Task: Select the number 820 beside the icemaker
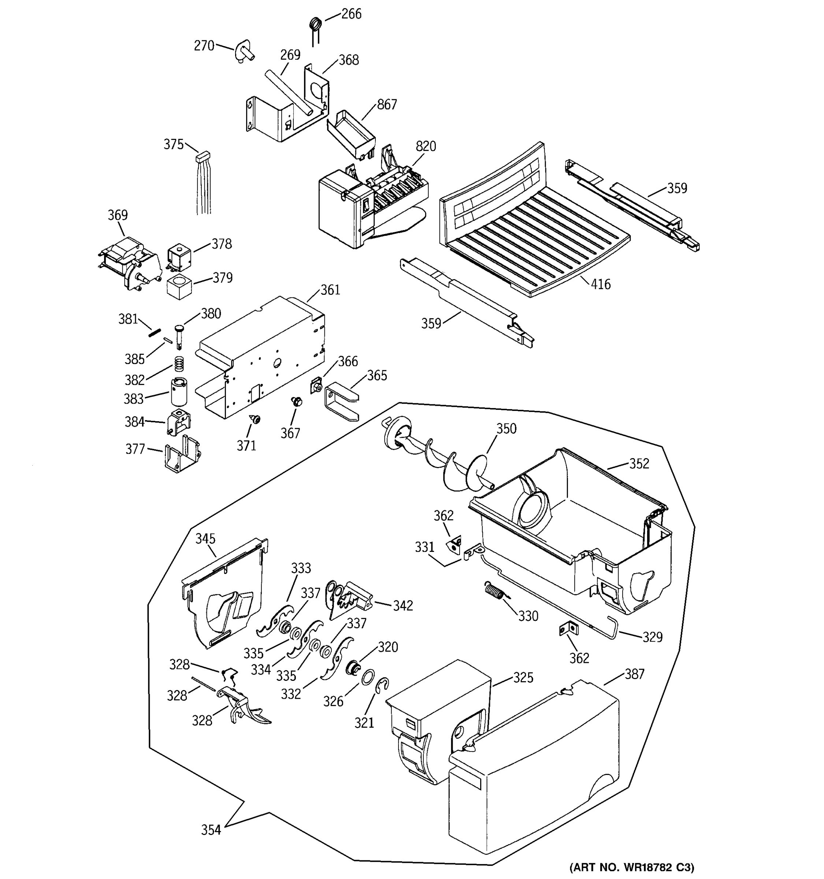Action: [425, 146]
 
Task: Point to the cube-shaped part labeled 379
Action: [179, 286]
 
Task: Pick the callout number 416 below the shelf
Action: [600, 284]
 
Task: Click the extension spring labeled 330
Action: [494, 591]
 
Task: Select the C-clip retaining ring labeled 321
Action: [383, 686]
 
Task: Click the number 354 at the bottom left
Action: [211, 830]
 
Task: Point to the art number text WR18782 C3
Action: [632, 868]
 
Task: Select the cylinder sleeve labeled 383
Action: [179, 391]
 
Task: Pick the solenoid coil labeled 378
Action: [179, 256]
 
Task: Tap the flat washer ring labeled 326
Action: [368, 676]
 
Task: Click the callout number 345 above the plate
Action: [205, 538]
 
